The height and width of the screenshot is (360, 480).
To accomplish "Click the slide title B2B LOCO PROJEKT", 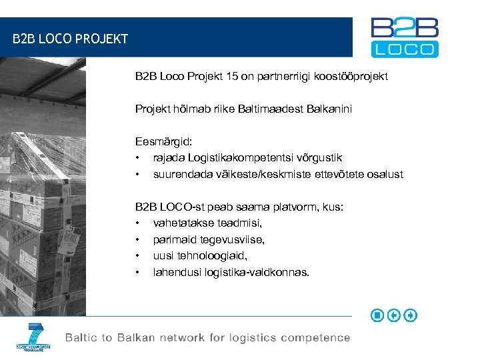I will tap(70, 39).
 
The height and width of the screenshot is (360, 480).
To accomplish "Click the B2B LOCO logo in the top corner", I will tap(405, 37).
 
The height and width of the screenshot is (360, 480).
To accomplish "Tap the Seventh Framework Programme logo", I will tap(33, 337).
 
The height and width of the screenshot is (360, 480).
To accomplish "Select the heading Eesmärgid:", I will tap(163, 141).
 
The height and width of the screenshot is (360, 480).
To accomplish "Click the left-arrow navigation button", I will tap(394, 315).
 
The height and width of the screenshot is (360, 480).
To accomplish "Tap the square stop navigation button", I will tap(377, 315).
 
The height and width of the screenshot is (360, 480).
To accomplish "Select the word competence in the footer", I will tap(315, 338).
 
